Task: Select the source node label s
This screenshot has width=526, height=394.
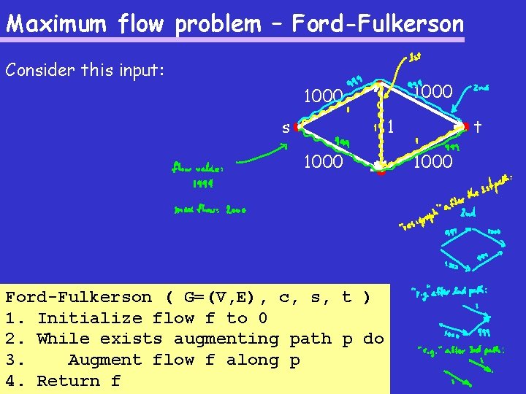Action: pos(286,128)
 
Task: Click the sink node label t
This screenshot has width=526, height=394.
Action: pos(476,127)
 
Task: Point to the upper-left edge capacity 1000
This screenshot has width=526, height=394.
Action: pos(323,96)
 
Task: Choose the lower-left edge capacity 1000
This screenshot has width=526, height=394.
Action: pos(323,161)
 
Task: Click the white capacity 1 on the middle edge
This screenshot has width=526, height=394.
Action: pos(391,127)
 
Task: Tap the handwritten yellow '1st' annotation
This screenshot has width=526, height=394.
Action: pos(414,55)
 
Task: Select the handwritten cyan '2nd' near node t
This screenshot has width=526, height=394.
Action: pos(481,88)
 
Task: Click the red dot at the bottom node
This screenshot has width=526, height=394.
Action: pos(381,173)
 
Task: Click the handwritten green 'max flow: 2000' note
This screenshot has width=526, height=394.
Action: pos(210,209)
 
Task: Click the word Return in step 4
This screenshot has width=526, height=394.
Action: pos(68,381)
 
